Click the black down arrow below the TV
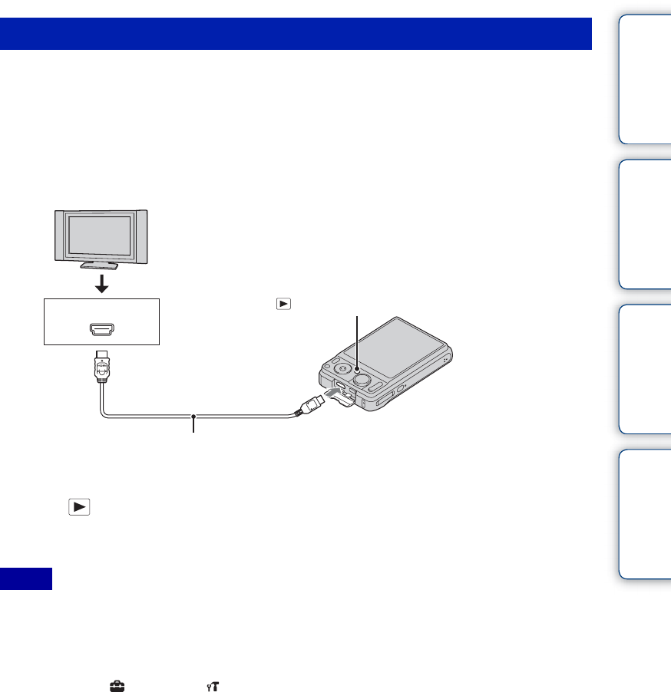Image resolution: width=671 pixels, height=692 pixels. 100,284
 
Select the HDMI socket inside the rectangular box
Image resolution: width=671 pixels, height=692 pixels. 100,331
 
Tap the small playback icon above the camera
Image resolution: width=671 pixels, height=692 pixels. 285,304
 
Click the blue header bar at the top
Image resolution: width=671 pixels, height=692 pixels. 296,34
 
